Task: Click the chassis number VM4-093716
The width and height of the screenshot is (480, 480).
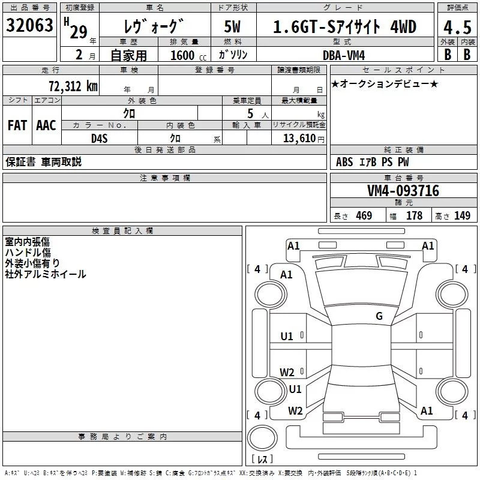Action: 403,191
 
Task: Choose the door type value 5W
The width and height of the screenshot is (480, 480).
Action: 233,27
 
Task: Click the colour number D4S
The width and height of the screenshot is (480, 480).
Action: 99,138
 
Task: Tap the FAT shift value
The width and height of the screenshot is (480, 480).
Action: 17,125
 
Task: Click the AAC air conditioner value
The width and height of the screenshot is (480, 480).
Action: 46,125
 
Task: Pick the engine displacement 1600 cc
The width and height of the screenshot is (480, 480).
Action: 182,55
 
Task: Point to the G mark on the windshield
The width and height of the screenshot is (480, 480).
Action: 379,316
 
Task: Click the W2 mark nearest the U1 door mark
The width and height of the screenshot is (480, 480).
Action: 287,372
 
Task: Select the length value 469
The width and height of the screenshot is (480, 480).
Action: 364,216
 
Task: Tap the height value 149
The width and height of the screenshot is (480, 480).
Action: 462,216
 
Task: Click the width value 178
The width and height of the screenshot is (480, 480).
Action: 414,216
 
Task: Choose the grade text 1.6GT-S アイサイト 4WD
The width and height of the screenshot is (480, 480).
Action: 344,27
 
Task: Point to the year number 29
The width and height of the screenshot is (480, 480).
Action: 78,32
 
